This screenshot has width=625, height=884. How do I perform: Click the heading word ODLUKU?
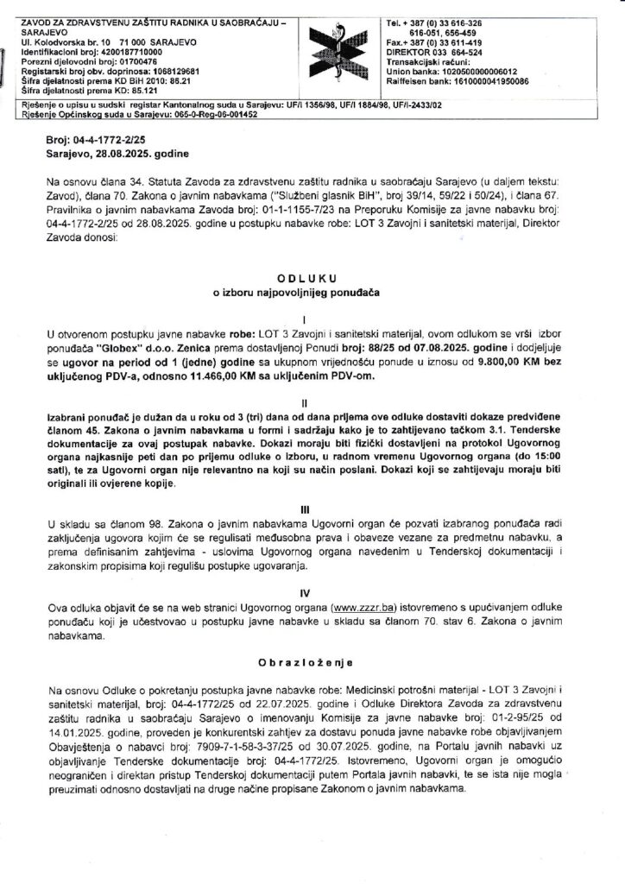[312, 278]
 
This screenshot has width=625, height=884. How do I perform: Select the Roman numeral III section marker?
[312, 509]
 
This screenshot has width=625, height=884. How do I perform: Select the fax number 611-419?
[457, 42]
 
